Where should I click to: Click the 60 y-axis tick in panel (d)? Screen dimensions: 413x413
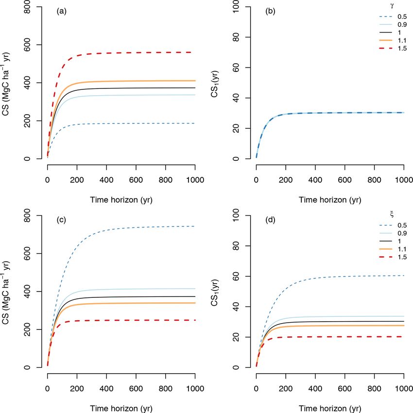coord(235,276)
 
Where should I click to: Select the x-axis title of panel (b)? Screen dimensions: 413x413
coord(330,199)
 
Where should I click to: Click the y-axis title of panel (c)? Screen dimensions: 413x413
coord(8,292)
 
